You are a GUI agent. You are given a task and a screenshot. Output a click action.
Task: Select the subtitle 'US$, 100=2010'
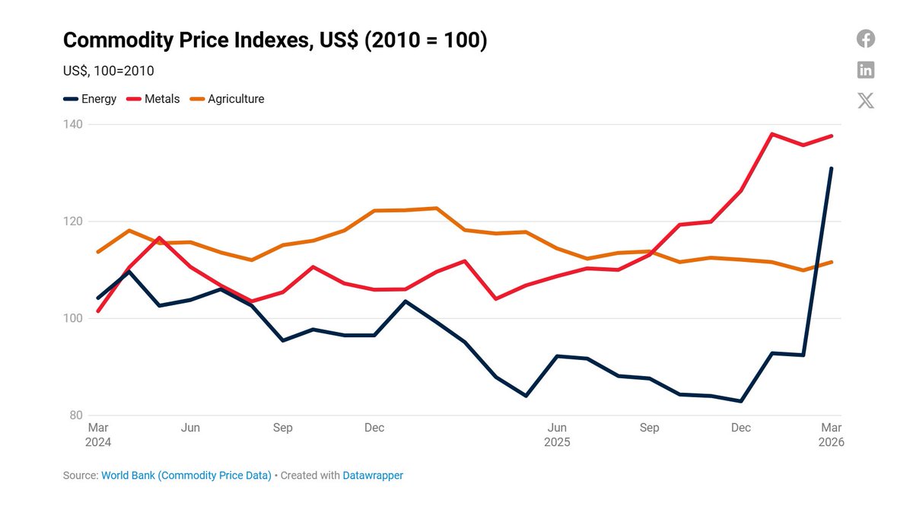(x=108, y=71)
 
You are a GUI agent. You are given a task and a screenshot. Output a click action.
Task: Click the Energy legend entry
(x=91, y=99)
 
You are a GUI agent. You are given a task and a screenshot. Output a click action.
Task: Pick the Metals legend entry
(x=154, y=99)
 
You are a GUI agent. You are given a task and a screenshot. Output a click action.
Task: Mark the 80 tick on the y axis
(x=75, y=416)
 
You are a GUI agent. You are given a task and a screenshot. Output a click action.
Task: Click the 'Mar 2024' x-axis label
(x=98, y=435)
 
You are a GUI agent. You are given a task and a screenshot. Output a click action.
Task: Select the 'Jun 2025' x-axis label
(x=557, y=435)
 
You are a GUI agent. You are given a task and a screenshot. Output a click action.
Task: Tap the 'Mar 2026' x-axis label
(x=831, y=435)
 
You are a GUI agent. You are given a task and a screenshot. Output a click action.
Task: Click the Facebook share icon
(x=866, y=39)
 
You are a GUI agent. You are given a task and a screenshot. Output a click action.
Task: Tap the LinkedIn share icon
(x=866, y=70)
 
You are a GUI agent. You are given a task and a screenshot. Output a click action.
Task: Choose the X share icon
(x=866, y=100)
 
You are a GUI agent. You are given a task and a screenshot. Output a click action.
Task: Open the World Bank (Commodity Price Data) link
(x=186, y=475)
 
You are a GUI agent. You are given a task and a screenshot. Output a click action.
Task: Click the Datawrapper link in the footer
(x=373, y=475)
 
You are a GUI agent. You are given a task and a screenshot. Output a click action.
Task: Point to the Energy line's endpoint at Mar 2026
(x=832, y=168)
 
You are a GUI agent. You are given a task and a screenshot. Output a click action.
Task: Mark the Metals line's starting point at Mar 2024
(x=98, y=311)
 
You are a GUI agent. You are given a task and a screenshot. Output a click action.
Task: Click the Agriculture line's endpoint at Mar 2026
(x=832, y=262)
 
